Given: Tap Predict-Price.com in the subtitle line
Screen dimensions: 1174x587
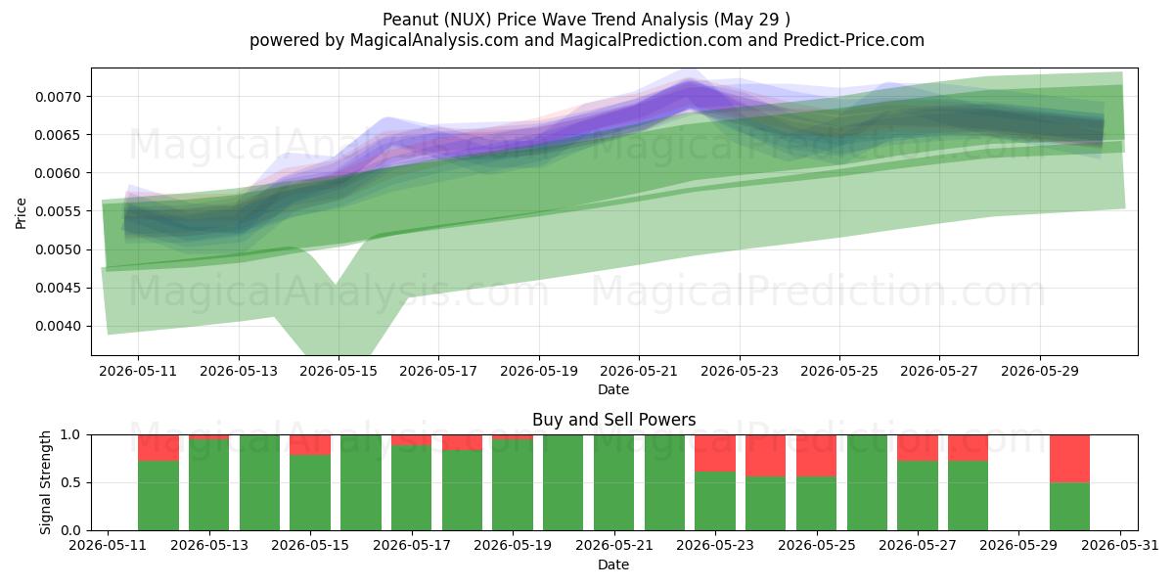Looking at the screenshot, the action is coord(854,40).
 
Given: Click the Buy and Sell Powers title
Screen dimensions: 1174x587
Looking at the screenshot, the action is coord(613,420).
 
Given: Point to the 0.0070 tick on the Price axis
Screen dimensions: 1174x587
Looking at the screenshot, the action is coord(58,97).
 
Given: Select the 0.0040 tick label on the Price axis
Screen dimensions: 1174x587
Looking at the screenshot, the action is coord(58,327).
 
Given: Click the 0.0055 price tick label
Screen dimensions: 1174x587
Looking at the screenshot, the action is coord(58,211).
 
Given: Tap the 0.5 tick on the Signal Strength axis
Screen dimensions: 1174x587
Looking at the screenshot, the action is coord(70,482).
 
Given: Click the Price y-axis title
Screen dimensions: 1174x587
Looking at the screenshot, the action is coord(21,213).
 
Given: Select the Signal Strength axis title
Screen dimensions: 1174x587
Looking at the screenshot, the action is coord(46,482).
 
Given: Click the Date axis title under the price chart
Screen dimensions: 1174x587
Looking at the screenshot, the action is coord(613,390).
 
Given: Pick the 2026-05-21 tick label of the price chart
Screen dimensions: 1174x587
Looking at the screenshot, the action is coord(639,372).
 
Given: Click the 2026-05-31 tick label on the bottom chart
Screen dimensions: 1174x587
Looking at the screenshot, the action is coord(1120,546).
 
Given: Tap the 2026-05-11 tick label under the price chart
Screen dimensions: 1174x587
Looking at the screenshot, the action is coord(138,372).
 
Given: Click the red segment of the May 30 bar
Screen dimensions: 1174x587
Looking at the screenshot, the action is coord(1069,459).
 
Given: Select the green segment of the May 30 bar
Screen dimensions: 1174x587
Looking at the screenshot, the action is coord(1069,507).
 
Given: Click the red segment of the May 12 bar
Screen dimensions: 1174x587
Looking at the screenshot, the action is coord(158,448).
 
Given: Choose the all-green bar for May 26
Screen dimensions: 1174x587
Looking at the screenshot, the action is coord(867,482).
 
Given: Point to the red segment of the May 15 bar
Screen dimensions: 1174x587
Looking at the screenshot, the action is coord(310,445).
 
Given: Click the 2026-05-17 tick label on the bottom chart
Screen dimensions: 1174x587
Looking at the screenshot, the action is coord(412,546).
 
